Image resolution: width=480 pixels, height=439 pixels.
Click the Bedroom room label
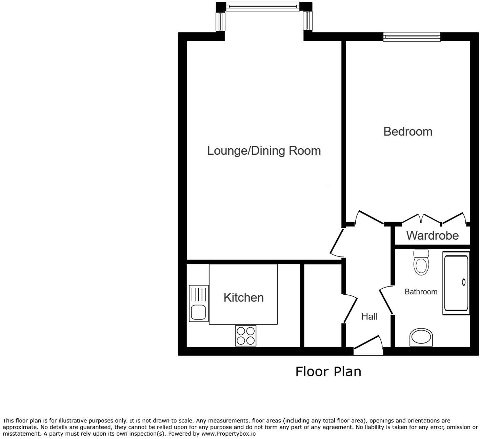tap(408, 131)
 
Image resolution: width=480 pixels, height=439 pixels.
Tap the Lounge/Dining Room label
tap(264, 151)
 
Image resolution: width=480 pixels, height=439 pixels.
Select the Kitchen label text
tap(243, 298)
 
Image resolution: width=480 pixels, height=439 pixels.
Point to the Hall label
tap(369, 316)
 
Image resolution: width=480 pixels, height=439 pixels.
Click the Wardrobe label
tap(432, 235)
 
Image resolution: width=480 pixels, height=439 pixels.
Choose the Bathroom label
tap(421, 292)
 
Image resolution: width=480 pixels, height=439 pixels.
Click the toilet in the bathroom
tap(421, 262)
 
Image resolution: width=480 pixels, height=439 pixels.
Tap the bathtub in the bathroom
tap(456, 283)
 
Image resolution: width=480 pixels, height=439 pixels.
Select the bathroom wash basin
tap(421, 337)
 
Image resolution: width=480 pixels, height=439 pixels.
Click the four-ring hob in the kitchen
tap(246, 336)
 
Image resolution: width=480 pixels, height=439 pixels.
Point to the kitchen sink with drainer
tap(198, 304)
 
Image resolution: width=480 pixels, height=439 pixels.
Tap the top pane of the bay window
tap(263, 6)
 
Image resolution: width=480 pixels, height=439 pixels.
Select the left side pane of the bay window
tap(220, 21)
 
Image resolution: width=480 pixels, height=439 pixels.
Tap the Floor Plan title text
tap(328, 372)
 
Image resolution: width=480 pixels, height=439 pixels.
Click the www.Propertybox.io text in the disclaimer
tap(228, 434)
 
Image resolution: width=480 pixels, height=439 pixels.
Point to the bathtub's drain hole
tap(464, 282)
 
